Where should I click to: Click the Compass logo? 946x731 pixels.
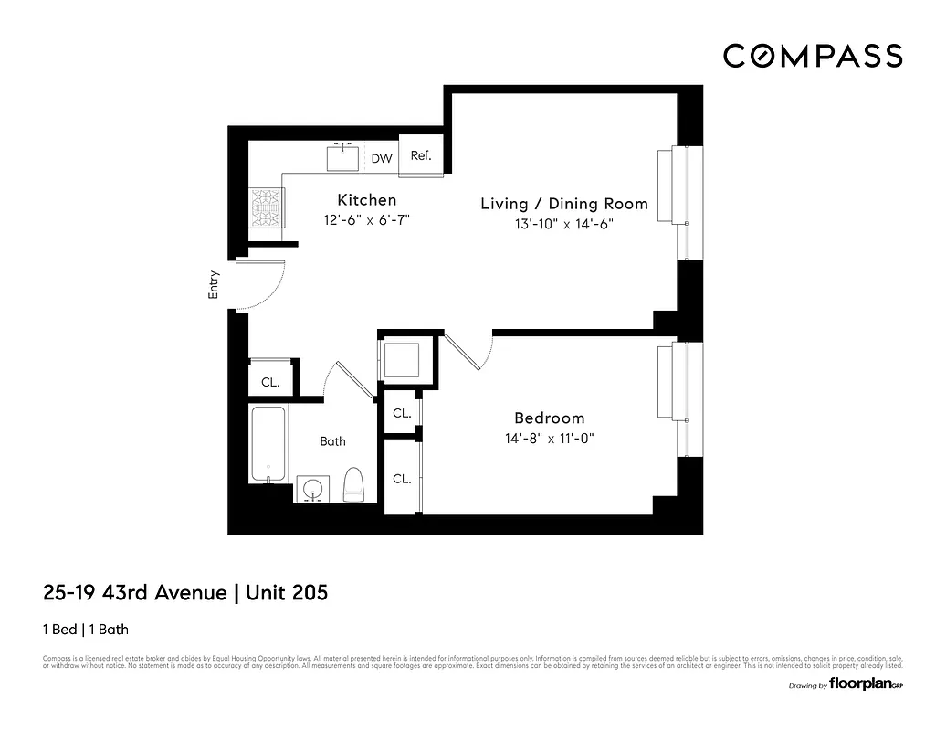813,56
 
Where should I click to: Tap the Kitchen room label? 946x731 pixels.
367,200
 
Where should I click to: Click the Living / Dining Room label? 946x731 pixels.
564,204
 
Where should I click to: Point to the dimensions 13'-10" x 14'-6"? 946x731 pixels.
564,225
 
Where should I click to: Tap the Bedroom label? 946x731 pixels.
549,418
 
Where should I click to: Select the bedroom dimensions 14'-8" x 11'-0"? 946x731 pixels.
549,439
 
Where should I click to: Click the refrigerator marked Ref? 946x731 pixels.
421,156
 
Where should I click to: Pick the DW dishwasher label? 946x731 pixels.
382,159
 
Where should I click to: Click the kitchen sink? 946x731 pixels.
345,157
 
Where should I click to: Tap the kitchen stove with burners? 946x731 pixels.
267,209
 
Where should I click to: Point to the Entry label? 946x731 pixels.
215,285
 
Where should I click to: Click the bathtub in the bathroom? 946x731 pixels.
269,445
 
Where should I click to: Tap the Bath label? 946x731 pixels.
332,441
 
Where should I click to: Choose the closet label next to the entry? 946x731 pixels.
270,383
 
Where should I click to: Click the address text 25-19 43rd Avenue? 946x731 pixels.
135,593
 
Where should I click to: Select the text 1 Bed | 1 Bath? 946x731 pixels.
91,630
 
